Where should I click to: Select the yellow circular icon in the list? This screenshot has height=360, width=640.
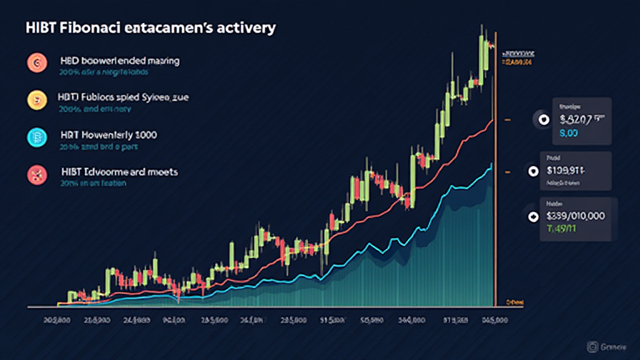tap(35, 99)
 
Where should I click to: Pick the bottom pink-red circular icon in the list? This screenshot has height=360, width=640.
tap(35, 174)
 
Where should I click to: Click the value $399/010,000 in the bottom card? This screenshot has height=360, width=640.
tap(575, 216)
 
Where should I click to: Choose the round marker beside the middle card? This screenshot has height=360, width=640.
tap(533, 170)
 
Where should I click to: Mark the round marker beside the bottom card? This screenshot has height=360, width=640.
tap(533, 217)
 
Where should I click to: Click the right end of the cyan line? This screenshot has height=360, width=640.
tap(491, 166)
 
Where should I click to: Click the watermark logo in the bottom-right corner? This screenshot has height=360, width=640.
tap(591, 345)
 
